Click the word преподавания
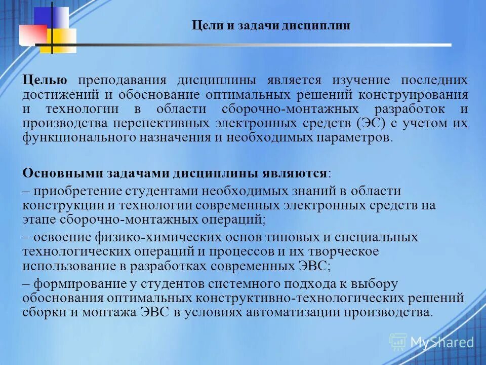coord(123,81)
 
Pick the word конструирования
coord(414,95)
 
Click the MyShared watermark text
coord(441,342)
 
